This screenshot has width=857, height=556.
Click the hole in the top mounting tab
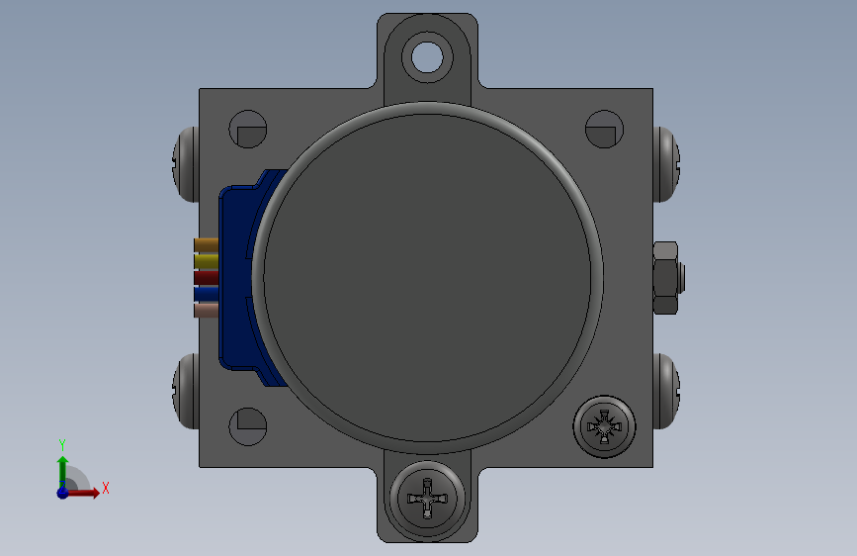[x=428, y=55]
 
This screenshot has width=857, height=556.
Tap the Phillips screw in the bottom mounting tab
[x=428, y=500]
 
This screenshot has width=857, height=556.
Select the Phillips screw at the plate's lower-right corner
[x=606, y=427]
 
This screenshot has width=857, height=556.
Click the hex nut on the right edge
[x=667, y=277]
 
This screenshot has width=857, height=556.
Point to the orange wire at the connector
[x=206, y=244]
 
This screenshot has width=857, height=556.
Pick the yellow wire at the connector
[x=206, y=261]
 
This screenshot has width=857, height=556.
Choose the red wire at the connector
[x=206, y=277]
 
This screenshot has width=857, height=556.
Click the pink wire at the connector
[x=206, y=311]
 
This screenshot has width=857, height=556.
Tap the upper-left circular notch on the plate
[x=248, y=131]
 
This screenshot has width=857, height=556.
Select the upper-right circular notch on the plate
[x=602, y=131]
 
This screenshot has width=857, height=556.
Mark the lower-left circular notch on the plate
[x=248, y=425]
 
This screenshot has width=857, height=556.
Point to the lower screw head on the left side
[x=186, y=391]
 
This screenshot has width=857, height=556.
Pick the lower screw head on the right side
[x=668, y=391]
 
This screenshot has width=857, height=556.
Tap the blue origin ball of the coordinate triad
[x=62, y=492]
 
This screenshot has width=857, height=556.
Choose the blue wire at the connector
[x=206, y=294]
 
